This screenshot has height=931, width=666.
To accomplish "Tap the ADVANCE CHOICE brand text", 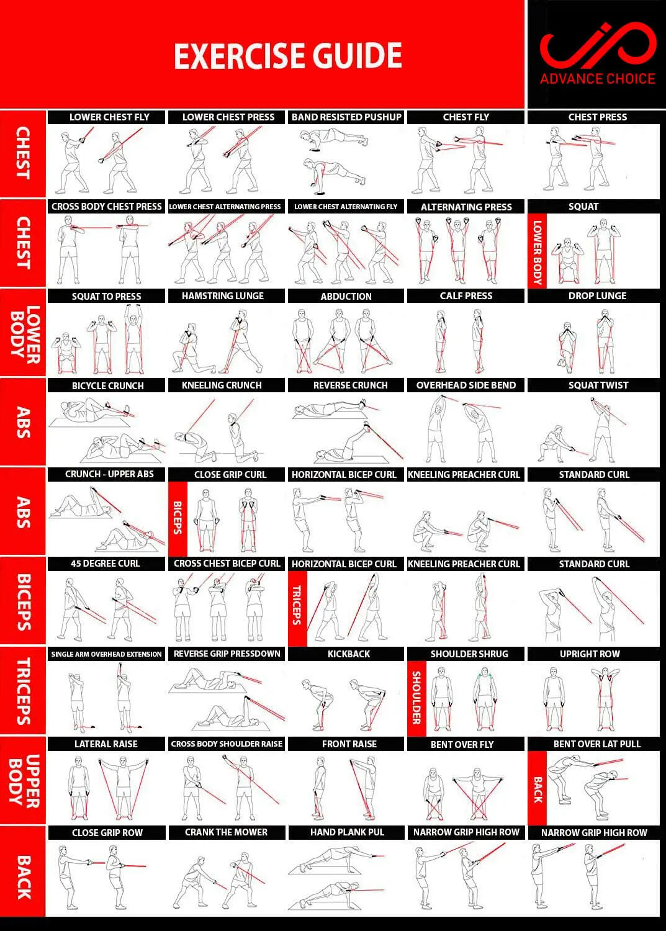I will tap(597, 79).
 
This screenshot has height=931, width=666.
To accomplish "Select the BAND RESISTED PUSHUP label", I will tap(346, 117).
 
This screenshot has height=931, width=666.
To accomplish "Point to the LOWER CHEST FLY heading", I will tap(109, 117).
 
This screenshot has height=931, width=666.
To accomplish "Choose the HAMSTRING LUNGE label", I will tap(222, 296).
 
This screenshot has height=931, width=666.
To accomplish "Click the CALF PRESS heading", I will tap(466, 296).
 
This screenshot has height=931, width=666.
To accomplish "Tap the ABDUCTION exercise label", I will tap(346, 297).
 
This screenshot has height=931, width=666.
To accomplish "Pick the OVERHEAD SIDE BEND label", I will tap(466, 385).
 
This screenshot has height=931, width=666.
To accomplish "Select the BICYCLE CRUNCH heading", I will tap(107, 385).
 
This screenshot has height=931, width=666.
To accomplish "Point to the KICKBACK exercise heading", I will tap(348, 654).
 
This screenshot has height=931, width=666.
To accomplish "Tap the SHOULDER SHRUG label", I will tap(469, 654).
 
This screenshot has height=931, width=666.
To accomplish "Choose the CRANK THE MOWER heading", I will tap(226, 832).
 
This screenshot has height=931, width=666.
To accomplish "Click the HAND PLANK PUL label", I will tap(347, 832).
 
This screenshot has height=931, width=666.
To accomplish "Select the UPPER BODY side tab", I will tap(24, 780).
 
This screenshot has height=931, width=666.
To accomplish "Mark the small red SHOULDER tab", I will tap(416, 698).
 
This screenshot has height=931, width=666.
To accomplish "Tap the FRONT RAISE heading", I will tap(349, 744).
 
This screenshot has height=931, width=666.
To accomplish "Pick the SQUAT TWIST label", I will tap(598, 385).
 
